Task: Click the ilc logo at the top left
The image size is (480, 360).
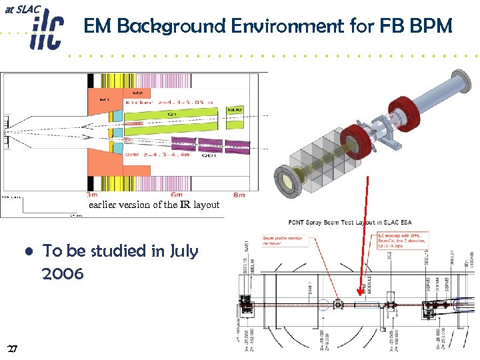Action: [45, 31]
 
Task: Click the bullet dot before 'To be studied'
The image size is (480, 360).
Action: [30, 252]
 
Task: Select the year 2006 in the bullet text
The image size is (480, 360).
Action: [63, 273]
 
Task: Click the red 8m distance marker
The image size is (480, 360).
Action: [239, 195]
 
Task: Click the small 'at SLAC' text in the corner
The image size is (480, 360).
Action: [23, 9]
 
